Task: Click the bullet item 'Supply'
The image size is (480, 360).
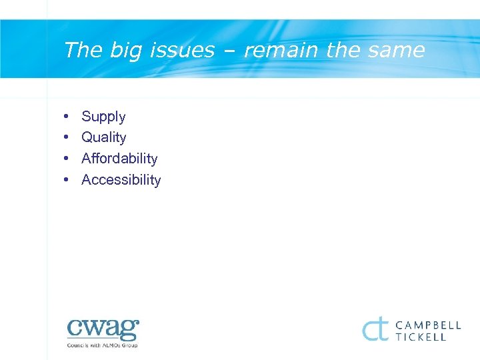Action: pos(103,117)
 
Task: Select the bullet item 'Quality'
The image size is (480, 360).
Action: pos(103,138)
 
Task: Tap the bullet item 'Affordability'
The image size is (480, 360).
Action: pos(119,159)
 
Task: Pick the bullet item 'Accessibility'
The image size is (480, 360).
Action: pos(121,180)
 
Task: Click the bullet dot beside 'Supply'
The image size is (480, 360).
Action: pos(67,117)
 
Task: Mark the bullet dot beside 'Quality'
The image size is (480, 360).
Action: pos(67,137)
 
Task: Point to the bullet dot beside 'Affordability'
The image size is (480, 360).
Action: pos(67,159)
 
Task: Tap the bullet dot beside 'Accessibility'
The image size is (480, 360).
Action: pos(67,180)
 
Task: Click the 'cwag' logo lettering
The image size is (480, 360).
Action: pos(103,329)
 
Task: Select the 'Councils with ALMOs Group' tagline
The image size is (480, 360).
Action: pos(103,345)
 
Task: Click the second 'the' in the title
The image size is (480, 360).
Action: pos(343,50)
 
